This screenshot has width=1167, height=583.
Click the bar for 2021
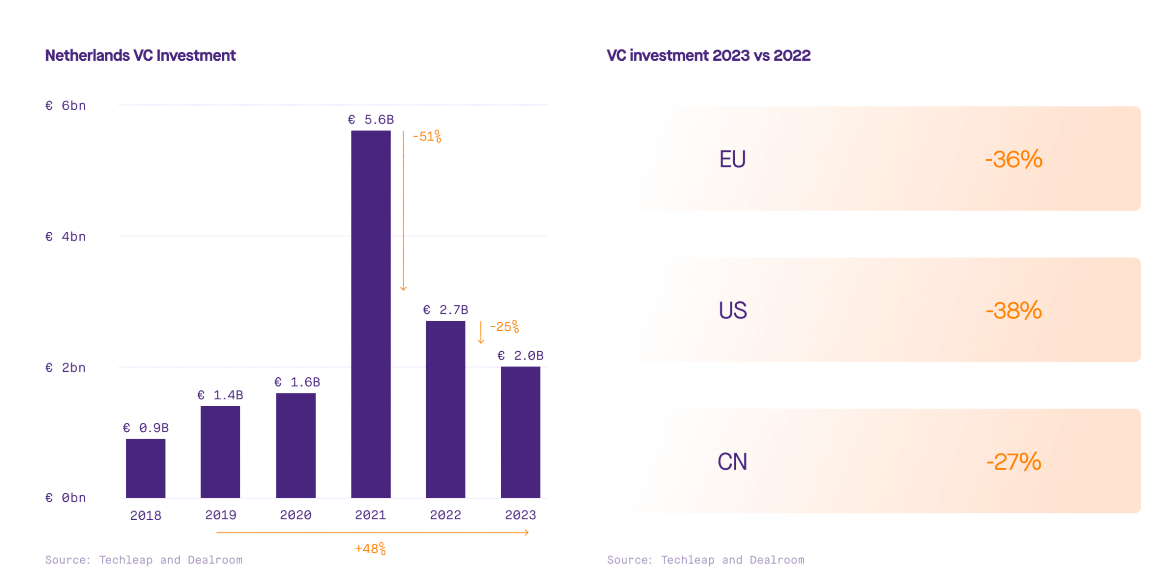click(x=371, y=314)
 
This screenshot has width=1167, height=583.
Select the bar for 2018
click(x=145, y=468)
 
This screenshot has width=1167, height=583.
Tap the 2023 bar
click(x=520, y=432)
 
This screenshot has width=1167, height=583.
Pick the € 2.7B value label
click(x=445, y=310)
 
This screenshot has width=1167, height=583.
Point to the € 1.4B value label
click(x=220, y=395)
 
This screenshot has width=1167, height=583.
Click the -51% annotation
click(x=427, y=136)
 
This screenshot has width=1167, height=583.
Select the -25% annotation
click(x=504, y=326)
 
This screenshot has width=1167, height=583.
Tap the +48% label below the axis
click(x=371, y=548)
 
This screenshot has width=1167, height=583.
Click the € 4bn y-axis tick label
click(x=66, y=237)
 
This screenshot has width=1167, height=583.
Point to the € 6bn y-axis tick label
click(x=66, y=105)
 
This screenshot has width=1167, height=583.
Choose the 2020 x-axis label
click(x=296, y=515)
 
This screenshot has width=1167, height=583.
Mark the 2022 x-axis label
click(x=445, y=515)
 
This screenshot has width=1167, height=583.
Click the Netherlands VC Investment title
click(x=140, y=55)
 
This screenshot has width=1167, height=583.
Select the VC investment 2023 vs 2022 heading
click(x=708, y=55)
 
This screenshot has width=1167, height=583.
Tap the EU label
click(x=732, y=159)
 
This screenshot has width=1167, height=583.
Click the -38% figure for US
click(x=1013, y=311)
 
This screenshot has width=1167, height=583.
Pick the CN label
click(x=732, y=462)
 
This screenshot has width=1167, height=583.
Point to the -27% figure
click(x=1013, y=462)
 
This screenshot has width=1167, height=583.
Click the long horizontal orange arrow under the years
click(x=373, y=532)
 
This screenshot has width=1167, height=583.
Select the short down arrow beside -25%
click(x=481, y=332)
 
